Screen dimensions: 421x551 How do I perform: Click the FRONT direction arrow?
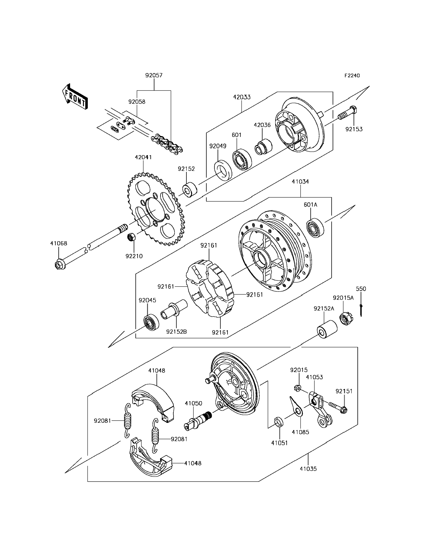click(75, 97)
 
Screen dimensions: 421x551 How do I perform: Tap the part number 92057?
click(154, 75)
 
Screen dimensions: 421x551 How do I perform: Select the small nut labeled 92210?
click(132, 237)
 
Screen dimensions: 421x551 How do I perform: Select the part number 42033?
click(242, 97)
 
